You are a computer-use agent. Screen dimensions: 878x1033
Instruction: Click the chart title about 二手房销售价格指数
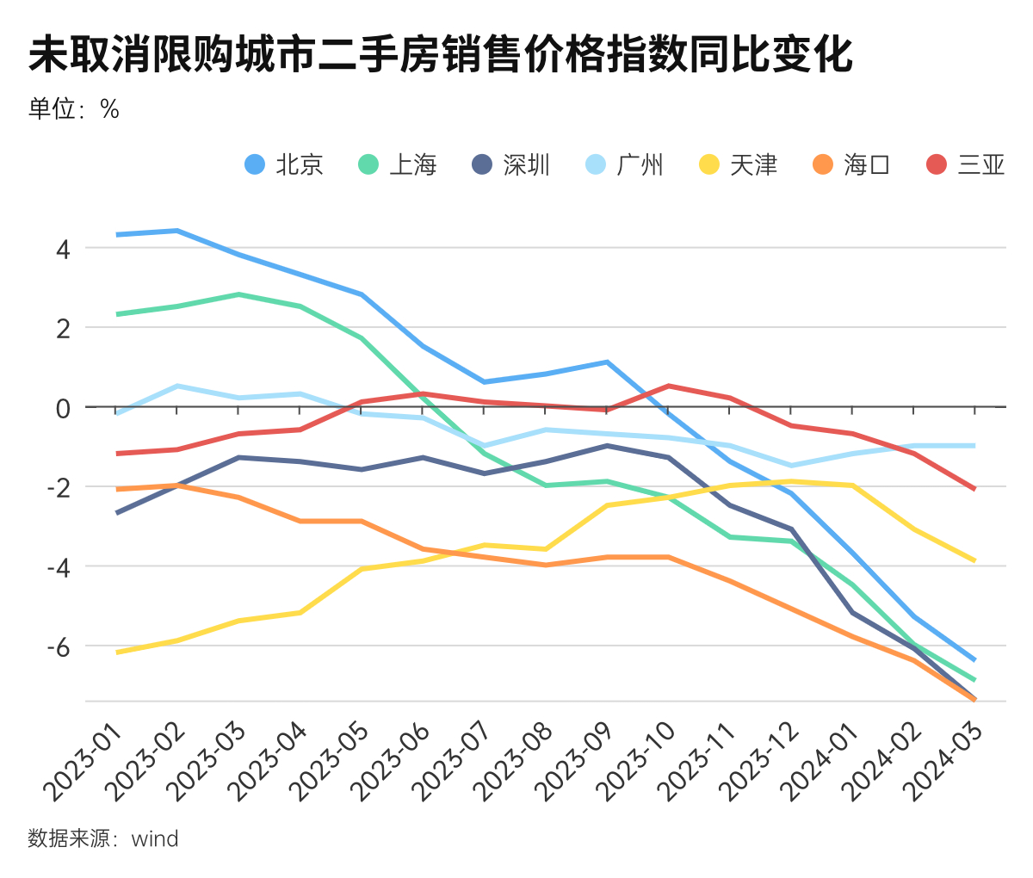click(x=440, y=55)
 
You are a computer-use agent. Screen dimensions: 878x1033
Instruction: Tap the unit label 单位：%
click(x=73, y=108)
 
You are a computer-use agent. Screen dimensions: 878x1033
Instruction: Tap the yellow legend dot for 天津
click(x=709, y=164)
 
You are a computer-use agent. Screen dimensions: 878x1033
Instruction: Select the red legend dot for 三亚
click(x=937, y=164)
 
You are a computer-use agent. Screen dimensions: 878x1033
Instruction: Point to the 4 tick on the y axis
click(x=63, y=249)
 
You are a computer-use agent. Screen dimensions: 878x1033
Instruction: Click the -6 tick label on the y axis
click(x=58, y=646)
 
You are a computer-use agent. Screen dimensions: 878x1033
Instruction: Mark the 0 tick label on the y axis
click(x=63, y=408)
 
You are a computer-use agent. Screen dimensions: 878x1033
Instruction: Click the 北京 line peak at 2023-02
click(x=177, y=231)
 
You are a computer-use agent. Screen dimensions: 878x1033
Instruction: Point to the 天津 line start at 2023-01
click(x=117, y=652)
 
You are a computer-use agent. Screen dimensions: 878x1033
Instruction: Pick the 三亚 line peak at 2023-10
click(x=669, y=386)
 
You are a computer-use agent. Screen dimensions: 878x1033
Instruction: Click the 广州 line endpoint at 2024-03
click(x=974, y=446)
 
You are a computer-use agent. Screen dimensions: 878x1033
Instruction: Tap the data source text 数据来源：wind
click(x=103, y=838)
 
